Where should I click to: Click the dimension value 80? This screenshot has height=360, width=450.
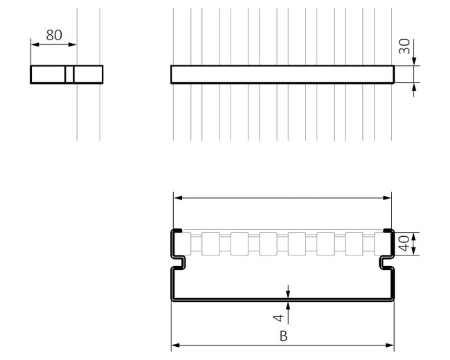[x=53, y=35]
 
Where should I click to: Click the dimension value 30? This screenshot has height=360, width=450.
[x=405, y=47]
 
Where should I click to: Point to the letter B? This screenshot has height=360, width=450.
[x=283, y=336]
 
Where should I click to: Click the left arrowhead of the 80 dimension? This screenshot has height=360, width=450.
[x=33, y=45]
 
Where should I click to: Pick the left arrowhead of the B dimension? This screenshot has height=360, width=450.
[x=174, y=345]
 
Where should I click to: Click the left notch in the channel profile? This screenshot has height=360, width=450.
[x=179, y=262]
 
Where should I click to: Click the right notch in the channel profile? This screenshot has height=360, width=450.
[x=386, y=262]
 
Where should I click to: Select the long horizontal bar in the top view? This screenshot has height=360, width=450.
[x=282, y=75]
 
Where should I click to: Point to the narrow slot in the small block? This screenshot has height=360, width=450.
[x=70, y=74]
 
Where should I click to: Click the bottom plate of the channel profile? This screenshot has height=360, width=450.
[x=282, y=298]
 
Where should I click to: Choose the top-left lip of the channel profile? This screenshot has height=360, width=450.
[x=176, y=231]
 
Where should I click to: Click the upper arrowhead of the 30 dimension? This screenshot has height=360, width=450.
[x=414, y=63]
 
